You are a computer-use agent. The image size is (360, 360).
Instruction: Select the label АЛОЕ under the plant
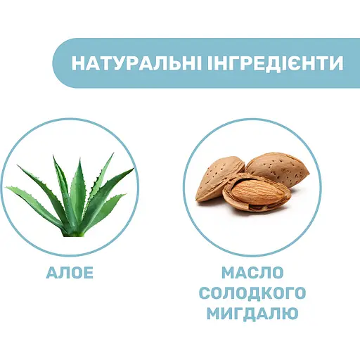[x=69, y=273]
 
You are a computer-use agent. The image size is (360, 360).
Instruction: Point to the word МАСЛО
[x=252, y=273]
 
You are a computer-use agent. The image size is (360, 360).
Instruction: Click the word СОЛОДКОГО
[x=252, y=292]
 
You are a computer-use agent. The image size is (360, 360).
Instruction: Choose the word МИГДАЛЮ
[x=252, y=312]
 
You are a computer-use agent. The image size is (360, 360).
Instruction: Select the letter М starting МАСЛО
[x=227, y=273]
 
